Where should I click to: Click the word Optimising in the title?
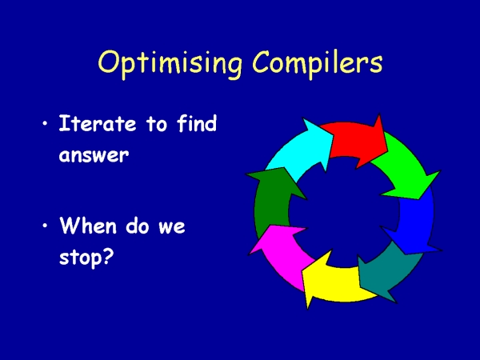click(170, 64)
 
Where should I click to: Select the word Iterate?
click(98, 123)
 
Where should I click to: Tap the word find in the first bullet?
click(197, 123)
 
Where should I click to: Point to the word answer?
click(94, 155)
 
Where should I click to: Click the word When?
click(88, 226)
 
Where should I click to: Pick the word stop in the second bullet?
click(80, 258)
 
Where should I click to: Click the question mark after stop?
click(108, 256)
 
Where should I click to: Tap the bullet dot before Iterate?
click(45, 124)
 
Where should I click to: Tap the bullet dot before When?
click(45, 226)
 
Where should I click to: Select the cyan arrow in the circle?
click(302, 150)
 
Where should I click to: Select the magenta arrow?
click(282, 254)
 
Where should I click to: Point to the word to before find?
click(157, 124)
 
